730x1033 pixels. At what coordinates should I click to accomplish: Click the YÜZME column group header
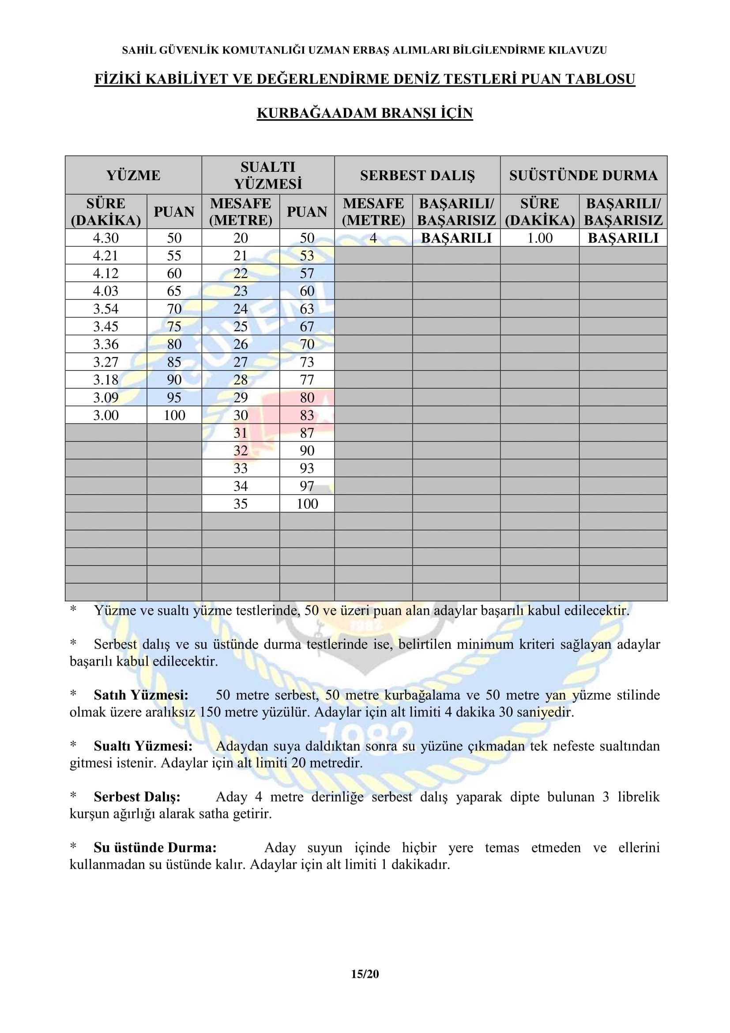(x=133, y=175)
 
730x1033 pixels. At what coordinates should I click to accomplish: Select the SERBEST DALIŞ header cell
(x=417, y=175)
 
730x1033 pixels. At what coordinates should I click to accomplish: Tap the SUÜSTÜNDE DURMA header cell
(x=583, y=175)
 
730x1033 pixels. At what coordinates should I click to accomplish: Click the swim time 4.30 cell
(x=105, y=238)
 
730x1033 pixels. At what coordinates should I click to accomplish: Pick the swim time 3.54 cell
(x=105, y=309)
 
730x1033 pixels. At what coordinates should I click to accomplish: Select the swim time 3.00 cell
(x=105, y=415)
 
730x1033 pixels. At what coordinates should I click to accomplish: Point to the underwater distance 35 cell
(x=241, y=503)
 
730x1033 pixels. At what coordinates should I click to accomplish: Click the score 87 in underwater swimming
(x=307, y=433)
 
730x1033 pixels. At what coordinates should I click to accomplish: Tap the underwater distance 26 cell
(x=241, y=344)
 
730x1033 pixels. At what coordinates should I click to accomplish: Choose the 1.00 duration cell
(x=539, y=238)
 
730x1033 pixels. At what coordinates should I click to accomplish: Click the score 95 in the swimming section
(x=174, y=397)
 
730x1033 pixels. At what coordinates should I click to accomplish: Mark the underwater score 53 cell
(x=307, y=256)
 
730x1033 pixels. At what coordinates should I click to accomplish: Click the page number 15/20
(x=365, y=975)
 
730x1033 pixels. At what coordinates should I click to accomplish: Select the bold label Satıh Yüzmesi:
(x=141, y=695)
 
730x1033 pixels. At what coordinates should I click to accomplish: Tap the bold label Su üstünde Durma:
(x=154, y=848)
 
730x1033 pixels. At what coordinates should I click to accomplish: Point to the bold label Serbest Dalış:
(x=137, y=797)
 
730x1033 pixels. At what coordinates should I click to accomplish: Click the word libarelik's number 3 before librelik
(x=606, y=797)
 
